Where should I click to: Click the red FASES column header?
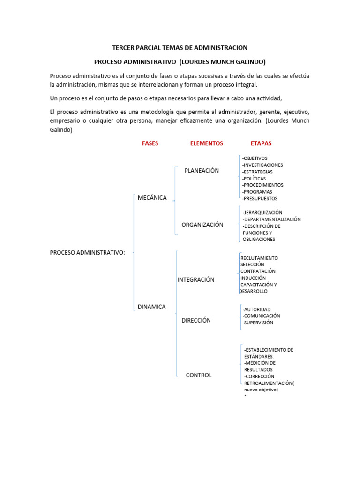150,143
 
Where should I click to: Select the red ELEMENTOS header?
207,143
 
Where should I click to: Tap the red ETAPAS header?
261,143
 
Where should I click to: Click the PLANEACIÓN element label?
202,171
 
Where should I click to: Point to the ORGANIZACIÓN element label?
202,225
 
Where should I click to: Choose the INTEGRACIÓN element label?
196,280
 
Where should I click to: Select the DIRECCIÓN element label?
196,321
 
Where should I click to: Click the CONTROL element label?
199,375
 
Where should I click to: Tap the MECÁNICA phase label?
152,198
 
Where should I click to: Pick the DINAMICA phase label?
152,307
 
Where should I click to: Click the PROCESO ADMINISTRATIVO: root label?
88,253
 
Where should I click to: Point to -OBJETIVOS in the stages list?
255,158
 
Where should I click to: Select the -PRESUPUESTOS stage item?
260,198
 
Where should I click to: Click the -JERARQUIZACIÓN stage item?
262,213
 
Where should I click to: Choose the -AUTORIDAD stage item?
256,310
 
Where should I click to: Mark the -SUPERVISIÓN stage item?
258,323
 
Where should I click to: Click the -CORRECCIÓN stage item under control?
259,376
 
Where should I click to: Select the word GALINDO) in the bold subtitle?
235,62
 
